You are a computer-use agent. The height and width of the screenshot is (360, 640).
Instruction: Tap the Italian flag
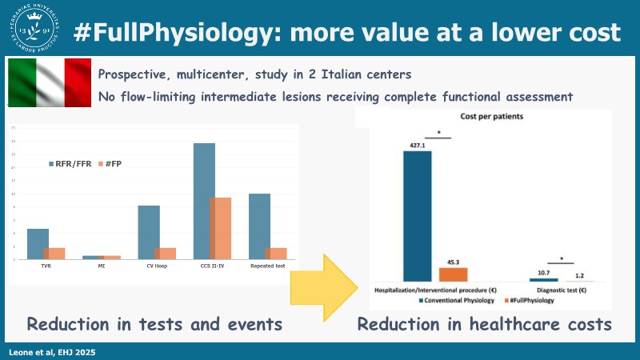coord(50,82)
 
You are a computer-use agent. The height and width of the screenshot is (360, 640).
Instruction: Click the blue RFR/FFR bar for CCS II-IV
coord(204,201)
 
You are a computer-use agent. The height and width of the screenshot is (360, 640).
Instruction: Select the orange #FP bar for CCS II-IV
coord(220,228)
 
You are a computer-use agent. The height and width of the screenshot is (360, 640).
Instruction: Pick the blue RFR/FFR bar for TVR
coord(38,244)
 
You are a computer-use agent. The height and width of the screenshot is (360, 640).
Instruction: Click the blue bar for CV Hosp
coord(149,232)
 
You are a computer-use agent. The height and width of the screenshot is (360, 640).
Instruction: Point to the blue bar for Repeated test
coord(259,226)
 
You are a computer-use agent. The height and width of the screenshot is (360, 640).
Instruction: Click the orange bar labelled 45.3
coord(453,274)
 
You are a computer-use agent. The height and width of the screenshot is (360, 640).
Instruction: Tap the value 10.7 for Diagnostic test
coord(543,273)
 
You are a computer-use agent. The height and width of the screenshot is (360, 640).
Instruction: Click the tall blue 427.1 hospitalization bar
coord(417,216)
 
